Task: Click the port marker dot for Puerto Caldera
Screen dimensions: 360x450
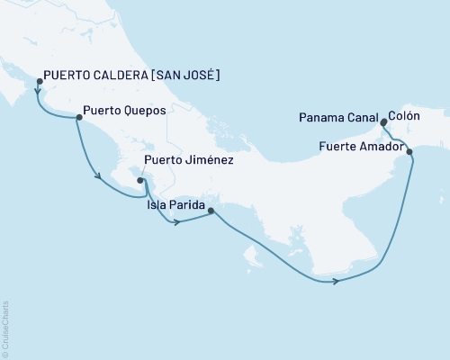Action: click(39, 81)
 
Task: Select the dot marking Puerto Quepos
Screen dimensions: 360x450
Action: click(78, 116)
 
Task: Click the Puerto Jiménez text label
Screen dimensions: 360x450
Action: click(189, 160)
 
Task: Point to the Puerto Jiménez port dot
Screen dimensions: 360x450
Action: click(140, 180)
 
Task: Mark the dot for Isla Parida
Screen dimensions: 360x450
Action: click(211, 211)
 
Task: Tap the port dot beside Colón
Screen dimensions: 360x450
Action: click(384, 121)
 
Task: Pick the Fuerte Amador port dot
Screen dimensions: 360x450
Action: click(410, 152)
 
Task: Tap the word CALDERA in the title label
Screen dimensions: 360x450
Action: click(110, 75)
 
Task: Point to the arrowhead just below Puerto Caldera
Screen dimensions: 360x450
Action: click(37, 91)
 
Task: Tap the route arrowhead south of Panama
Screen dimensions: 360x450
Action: click(336, 282)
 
